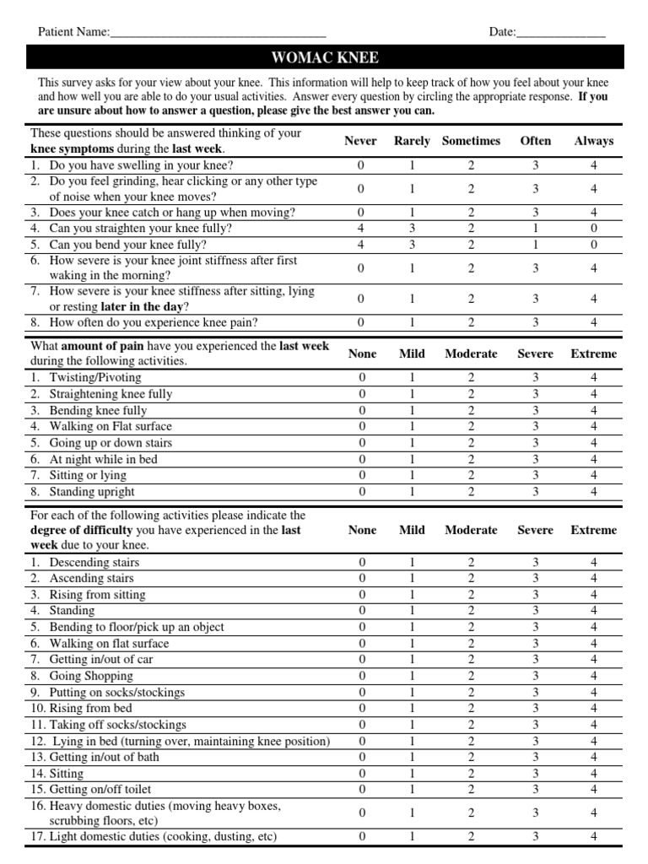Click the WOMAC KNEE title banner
pos(325,57)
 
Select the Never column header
pos(361,141)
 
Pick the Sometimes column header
pos(471,141)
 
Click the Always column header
pos(594,141)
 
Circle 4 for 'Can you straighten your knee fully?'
pos(362,229)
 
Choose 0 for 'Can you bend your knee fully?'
pos(594,245)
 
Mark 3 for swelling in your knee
pos(536,165)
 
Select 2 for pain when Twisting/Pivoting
pos(471,378)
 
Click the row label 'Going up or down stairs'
pos(111,443)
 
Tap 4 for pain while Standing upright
pos(594,492)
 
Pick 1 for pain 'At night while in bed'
pos(413,460)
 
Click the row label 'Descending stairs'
pos(94,562)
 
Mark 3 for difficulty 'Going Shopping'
pos(536,676)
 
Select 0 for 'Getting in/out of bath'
pos(362,757)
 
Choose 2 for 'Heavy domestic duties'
pos(471,813)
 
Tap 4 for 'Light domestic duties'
pos(594,837)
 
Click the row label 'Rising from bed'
pos(90,708)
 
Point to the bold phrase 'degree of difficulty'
pos(81,530)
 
